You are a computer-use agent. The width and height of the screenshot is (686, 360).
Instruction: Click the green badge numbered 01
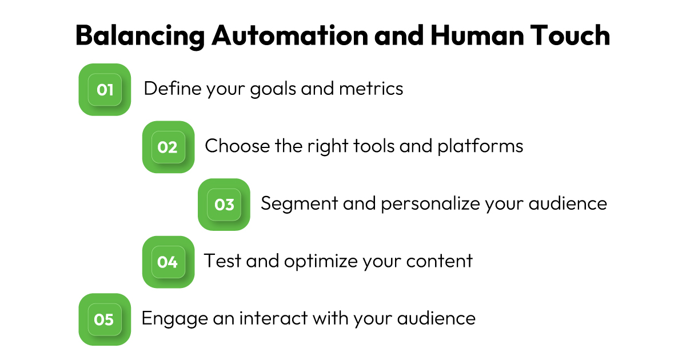pos(105,90)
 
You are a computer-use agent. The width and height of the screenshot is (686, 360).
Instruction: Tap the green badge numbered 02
pos(169,147)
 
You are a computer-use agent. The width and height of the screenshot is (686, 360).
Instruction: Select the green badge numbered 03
pos(224,205)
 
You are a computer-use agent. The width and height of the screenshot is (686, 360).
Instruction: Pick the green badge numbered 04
pos(169,262)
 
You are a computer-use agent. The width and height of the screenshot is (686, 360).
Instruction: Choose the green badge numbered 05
pos(105,319)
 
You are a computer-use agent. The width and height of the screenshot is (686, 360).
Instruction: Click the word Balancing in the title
pos(140,37)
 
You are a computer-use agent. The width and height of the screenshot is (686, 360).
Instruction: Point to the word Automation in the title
pos(290,35)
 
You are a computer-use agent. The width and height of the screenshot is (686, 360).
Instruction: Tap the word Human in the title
pos(477,35)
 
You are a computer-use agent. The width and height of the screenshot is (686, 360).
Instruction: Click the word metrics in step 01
pos(371,89)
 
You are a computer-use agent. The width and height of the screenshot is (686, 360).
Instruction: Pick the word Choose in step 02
pos(237,146)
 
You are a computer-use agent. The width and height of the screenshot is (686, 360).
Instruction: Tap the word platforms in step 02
pos(481,146)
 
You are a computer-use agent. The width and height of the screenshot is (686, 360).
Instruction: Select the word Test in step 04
pos(222,261)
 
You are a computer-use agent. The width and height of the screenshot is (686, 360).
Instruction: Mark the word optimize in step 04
pos(321,262)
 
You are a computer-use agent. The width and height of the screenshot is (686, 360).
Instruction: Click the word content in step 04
pos(440,261)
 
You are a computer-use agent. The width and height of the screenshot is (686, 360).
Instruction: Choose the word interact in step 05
pos(273,318)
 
